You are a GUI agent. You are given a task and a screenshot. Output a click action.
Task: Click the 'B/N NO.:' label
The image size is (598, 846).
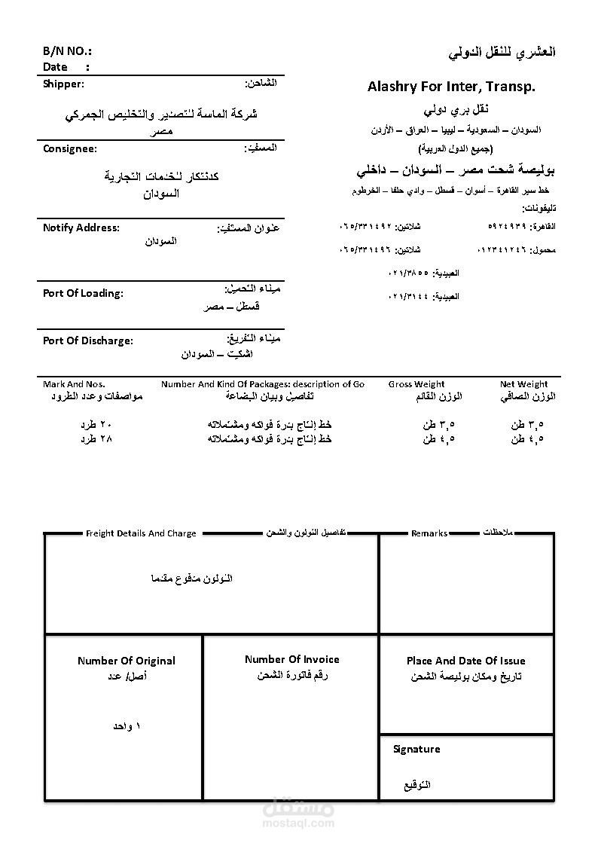[x=67, y=51]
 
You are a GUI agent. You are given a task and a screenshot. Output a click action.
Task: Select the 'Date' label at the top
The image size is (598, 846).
[x=55, y=67]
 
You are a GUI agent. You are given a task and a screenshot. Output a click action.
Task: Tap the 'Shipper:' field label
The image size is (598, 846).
[x=64, y=84]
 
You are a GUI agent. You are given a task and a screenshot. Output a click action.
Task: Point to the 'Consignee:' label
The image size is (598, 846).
[x=70, y=148]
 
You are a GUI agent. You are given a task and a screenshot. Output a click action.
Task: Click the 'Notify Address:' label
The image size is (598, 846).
[x=81, y=228]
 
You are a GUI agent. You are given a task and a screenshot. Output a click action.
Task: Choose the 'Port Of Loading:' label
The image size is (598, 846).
[x=83, y=293]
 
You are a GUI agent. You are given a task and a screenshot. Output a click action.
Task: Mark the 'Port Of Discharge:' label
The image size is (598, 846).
[x=87, y=341]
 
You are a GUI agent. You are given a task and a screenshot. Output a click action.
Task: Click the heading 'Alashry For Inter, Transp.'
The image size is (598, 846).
[x=451, y=87]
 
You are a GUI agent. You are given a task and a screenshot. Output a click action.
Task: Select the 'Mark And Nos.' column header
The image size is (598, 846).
[x=74, y=384]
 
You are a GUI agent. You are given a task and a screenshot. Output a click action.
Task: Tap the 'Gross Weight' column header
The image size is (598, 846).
[x=416, y=384]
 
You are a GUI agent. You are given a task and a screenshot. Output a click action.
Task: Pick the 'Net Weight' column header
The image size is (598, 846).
[x=523, y=384]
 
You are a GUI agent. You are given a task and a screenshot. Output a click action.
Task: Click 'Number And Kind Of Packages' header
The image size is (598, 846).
[x=263, y=384]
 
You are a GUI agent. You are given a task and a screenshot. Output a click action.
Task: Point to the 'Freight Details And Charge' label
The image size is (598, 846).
[x=141, y=533]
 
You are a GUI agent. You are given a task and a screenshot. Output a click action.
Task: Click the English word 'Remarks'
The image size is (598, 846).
[x=429, y=533]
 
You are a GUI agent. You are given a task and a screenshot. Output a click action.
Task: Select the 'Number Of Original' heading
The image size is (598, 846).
[x=126, y=661]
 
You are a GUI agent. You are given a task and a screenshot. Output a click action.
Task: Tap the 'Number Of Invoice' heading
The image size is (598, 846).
[x=291, y=659]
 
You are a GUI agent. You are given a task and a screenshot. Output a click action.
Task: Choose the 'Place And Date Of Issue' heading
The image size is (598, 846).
[x=465, y=661]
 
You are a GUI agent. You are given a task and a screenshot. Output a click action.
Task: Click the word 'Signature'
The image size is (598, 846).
[x=416, y=749]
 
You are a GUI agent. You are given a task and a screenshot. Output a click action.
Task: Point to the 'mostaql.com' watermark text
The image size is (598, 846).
[x=299, y=823]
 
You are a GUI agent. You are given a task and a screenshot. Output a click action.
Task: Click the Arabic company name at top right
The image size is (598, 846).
[x=502, y=53]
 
